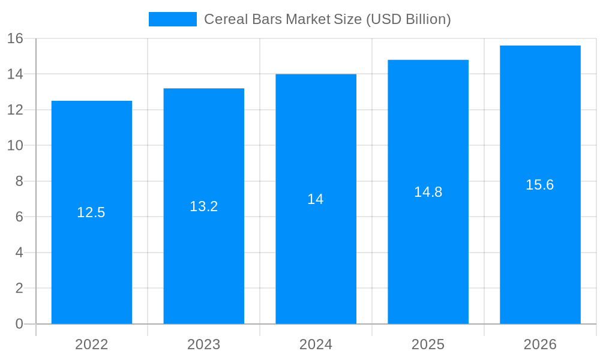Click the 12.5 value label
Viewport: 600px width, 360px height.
point(91,212)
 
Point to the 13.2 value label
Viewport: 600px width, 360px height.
point(204,206)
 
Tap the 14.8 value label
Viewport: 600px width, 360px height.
point(428,192)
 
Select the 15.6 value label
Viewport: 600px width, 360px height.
point(540,185)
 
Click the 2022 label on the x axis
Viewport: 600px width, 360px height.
point(92,344)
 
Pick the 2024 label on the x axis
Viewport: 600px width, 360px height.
point(316,344)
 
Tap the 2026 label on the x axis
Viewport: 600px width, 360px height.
point(540,344)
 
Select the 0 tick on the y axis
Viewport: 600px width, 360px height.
point(19,324)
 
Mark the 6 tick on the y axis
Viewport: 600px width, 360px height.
point(19,217)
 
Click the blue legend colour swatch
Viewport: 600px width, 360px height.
point(173,19)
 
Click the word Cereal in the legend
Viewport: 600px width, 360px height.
point(222,19)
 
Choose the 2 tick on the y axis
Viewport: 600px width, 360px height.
point(19,288)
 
